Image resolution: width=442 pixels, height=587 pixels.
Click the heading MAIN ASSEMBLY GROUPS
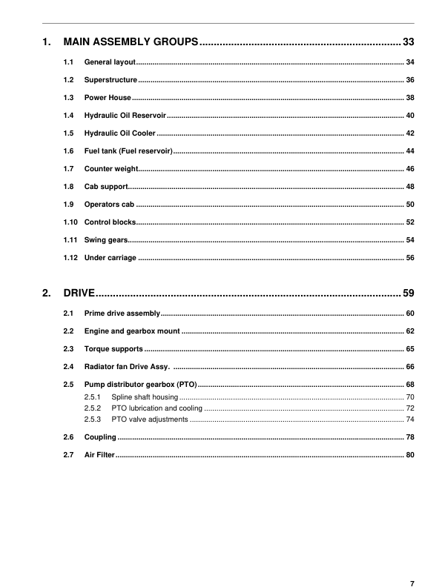[131, 41]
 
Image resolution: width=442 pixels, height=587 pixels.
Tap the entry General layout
[110, 62]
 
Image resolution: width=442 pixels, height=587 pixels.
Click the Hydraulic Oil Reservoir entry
[125, 116]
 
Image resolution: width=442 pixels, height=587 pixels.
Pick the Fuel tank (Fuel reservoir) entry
[128, 151]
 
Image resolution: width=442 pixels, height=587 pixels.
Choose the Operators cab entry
[109, 205]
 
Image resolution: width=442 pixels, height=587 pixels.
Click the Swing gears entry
[106, 240]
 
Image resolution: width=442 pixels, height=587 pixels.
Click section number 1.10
[70, 222]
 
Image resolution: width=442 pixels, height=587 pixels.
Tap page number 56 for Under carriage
[410, 258]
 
